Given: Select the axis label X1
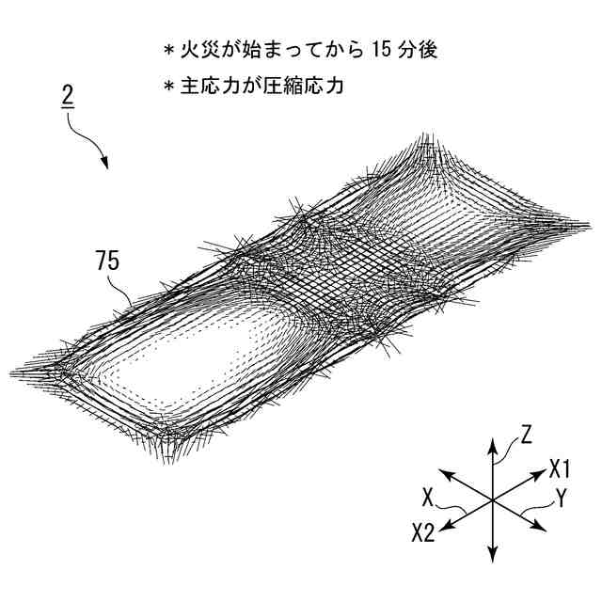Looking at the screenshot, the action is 561,467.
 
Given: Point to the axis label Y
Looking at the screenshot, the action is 562,499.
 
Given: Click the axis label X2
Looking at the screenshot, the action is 422,533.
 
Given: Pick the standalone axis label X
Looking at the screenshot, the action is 428,496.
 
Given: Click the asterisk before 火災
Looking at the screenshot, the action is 169,50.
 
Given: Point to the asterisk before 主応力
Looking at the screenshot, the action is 169,86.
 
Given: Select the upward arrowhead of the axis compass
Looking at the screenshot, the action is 492,440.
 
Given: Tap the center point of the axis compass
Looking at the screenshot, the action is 492,500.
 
